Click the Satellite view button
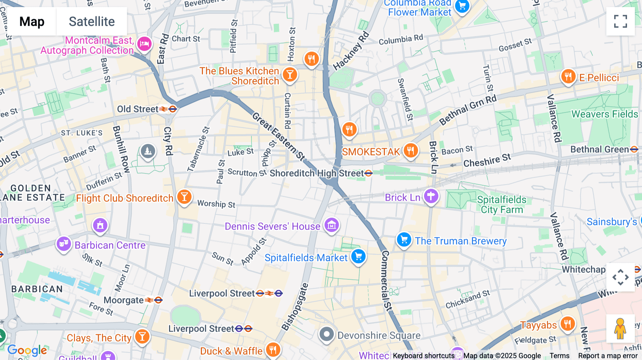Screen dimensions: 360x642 [92, 22]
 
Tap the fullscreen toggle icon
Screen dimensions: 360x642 [620, 21]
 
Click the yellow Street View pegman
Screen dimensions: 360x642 [620, 329]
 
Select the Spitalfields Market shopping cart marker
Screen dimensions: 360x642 [358, 256]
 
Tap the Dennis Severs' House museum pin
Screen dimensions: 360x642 [332, 225]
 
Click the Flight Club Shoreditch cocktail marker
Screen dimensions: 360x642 [184, 197]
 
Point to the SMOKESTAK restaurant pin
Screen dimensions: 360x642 [411, 151]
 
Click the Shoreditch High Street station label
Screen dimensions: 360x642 [317, 174]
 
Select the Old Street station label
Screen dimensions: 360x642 [138, 109]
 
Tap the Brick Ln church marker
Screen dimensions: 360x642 [431, 196]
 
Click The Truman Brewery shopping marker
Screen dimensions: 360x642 [404, 240]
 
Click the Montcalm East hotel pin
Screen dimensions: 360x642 [144, 44]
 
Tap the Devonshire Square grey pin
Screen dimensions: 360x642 [326, 334]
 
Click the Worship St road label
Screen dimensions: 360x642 [216, 204]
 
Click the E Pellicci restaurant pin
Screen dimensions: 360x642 [568, 77]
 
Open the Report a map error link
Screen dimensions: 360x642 [608, 356]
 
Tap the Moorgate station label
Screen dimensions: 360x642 [123, 300]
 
